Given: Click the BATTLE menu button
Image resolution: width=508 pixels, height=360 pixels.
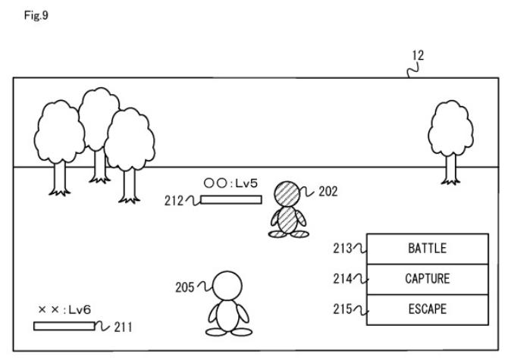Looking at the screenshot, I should pos(427,248).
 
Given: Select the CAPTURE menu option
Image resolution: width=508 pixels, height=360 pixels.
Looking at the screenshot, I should pos(427,278).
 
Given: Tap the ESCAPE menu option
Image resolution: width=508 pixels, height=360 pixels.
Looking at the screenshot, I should pos(427,309).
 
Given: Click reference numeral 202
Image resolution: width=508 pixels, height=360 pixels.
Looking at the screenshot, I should pos(328,192).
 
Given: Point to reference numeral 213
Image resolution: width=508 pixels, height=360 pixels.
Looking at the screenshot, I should pos(342,248).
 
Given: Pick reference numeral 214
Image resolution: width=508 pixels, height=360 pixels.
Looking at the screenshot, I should pos(342,278).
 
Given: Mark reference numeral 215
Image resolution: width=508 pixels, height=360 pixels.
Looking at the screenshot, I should pos(342,309).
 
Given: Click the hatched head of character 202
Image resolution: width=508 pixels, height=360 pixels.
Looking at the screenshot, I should pos(288,194).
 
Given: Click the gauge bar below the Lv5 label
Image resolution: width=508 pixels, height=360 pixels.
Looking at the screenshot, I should pos(232,199).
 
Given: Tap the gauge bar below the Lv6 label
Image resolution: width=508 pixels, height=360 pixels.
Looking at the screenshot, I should pos(64,327).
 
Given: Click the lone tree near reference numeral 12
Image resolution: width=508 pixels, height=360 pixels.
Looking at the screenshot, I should pos(451,136).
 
